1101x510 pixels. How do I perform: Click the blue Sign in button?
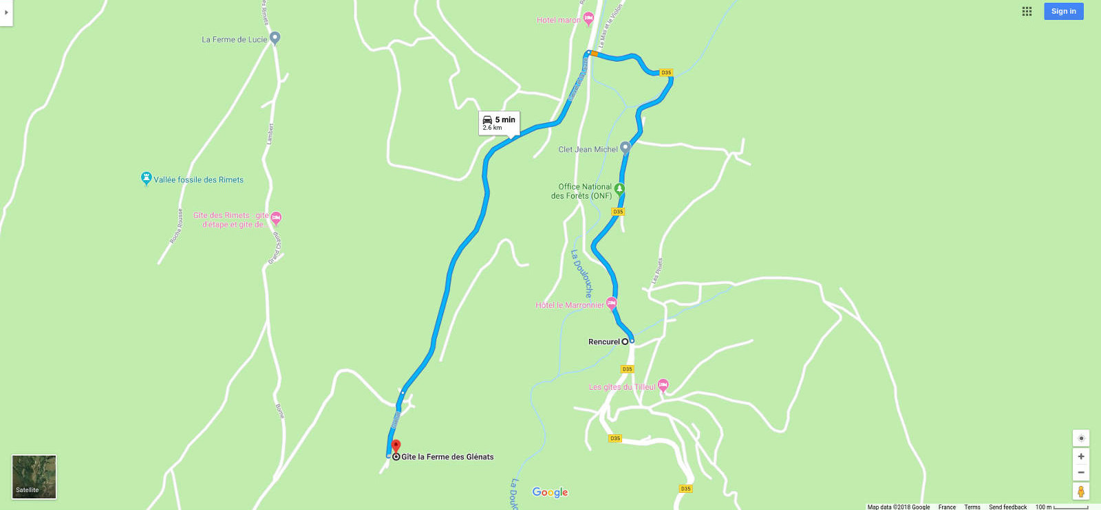coord(1063,11)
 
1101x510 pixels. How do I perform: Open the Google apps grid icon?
coord(1027,11)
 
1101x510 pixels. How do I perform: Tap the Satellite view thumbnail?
coord(34,476)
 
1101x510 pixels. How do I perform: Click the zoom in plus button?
coord(1081,456)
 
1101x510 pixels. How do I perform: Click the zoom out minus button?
coord(1081,472)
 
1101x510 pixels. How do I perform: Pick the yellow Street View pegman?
coord(1081,491)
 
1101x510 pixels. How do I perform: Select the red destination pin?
coord(396,447)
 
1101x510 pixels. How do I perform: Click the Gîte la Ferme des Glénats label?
coord(447,457)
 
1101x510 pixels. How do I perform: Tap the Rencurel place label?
coord(603,342)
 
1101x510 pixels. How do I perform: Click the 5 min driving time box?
coord(499,122)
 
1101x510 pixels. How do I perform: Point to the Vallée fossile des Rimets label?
coord(198,180)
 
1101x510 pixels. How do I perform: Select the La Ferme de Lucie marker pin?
coord(275,38)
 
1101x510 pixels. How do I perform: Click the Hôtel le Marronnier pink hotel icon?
coord(612,303)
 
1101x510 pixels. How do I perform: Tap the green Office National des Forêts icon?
coord(620,188)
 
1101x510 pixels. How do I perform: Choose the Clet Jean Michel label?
coord(588,149)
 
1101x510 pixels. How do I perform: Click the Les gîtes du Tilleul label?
coord(622,387)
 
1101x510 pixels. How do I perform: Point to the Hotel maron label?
coord(558,21)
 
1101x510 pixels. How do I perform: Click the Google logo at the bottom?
coord(550,492)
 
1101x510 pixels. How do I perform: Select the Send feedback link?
coord(1007,507)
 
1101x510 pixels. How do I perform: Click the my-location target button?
coord(1081,438)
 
